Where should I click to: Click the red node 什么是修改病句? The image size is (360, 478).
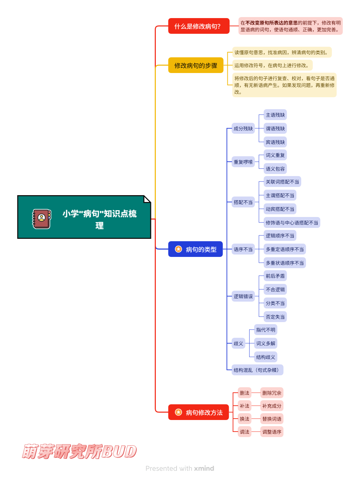[x=198, y=26]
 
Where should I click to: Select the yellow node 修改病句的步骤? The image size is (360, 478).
[x=196, y=65]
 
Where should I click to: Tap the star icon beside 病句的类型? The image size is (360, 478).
[x=178, y=249]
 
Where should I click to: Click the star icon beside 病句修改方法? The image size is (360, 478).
[x=178, y=412]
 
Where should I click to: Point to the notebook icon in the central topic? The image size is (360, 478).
[x=42, y=219]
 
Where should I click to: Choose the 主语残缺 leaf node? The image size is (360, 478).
[x=275, y=115]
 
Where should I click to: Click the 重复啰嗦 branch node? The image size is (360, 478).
[x=243, y=162]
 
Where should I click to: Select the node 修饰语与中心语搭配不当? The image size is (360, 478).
[x=292, y=223]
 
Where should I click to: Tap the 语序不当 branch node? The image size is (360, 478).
[x=243, y=249]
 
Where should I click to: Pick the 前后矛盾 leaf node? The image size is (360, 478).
[x=275, y=276]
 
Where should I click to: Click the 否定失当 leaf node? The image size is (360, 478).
[x=275, y=317]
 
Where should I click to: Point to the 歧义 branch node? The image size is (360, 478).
[x=238, y=344]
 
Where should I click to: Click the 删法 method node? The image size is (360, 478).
[x=244, y=393]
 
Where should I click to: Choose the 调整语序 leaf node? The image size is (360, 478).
[x=272, y=432]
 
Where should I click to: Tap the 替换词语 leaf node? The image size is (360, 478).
[x=272, y=419]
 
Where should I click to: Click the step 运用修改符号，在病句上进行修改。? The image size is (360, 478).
[x=272, y=66]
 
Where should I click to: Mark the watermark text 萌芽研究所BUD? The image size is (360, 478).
[x=79, y=451]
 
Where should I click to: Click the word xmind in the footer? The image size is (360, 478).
[x=204, y=468]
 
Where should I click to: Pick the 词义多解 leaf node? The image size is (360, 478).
[x=266, y=344]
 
